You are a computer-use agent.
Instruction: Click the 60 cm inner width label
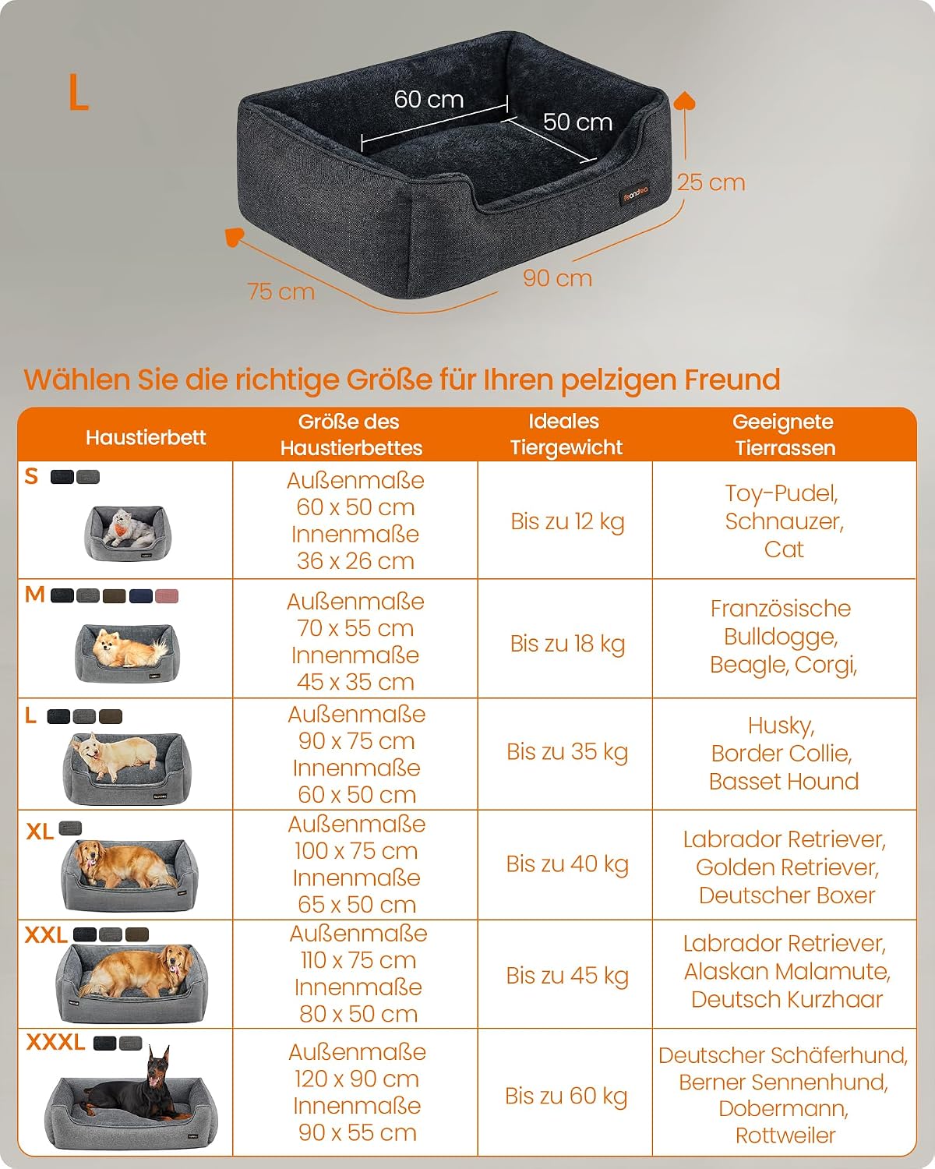(429, 100)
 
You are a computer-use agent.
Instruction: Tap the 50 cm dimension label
(577, 122)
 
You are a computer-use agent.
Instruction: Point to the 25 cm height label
(711, 182)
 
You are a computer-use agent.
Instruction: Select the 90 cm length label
(557, 278)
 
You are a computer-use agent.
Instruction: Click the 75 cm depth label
(280, 291)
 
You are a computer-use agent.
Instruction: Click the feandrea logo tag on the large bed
(636, 193)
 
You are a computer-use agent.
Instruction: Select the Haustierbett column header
(146, 438)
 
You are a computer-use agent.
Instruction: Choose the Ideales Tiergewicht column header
(566, 434)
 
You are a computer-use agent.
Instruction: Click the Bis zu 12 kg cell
(567, 521)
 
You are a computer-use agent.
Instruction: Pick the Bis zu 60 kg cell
(566, 1096)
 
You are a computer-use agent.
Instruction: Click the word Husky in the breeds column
(782, 726)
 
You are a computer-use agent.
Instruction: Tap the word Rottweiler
(785, 1135)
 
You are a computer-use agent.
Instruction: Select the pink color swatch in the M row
(166, 596)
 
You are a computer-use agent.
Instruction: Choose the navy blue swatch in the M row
(141, 596)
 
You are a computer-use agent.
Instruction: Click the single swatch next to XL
(70, 828)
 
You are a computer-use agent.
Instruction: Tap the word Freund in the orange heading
(732, 380)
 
